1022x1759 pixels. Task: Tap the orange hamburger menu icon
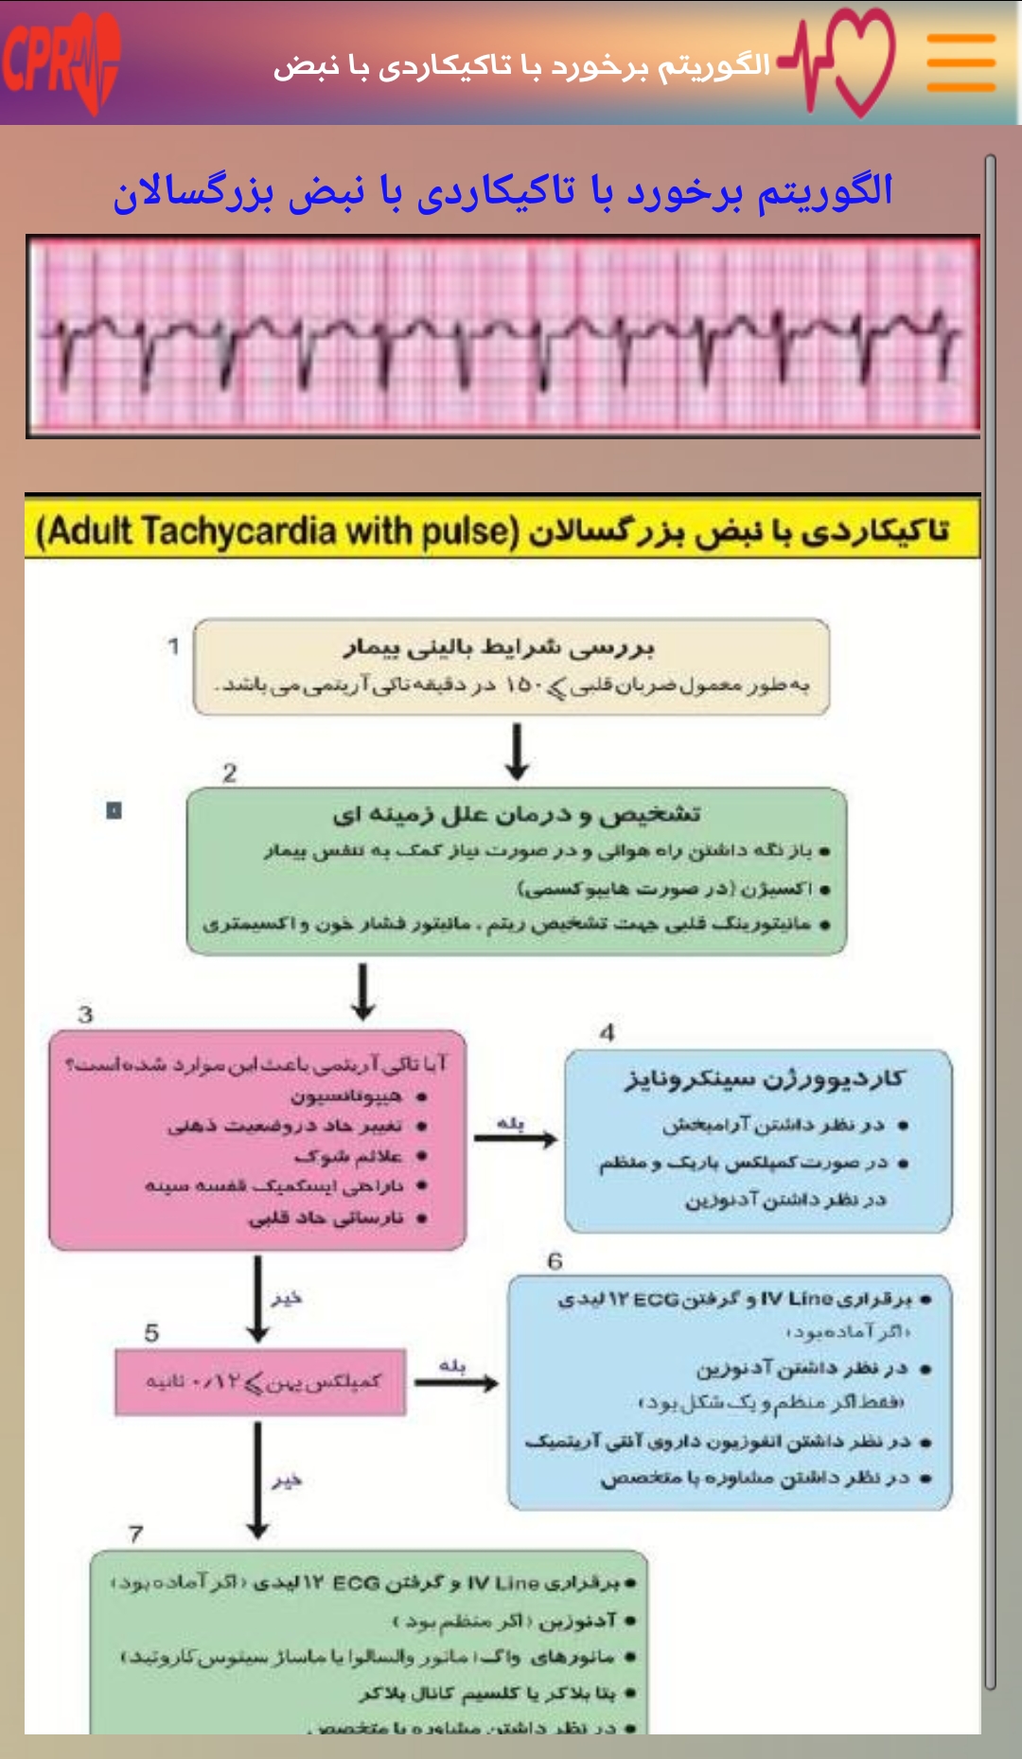(x=960, y=62)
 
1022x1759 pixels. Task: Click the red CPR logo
(x=61, y=62)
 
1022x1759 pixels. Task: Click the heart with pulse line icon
(x=841, y=62)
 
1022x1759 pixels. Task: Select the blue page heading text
(x=502, y=192)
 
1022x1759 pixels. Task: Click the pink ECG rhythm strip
(x=502, y=336)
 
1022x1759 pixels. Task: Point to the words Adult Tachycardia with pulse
(x=277, y=531)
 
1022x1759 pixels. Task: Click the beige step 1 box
(x=511, y=666)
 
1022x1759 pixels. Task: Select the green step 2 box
(x=516, y=871)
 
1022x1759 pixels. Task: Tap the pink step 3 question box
(x=257, y=1140)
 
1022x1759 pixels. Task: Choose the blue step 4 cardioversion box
(x=758, y=1141)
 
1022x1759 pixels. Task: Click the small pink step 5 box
(x=260, y=1383)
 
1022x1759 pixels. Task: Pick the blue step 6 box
(x=730, y=1392)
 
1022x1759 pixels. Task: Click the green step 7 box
(x=369, y=1643)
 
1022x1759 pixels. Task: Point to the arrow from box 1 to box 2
(x=517, y=752)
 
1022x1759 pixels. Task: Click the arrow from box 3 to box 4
(x=515, y=1138)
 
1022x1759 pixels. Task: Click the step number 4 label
(x=608, y=1032)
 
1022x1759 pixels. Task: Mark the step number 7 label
(x=136, y=1533)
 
